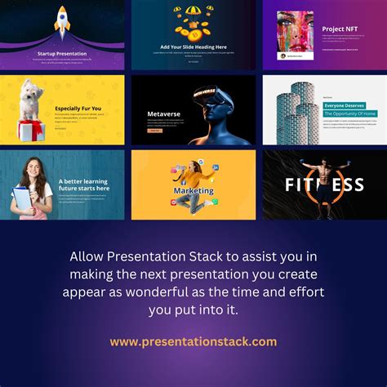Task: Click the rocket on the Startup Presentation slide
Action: [x=63, y=22]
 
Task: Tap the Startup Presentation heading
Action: [x=62, y=54]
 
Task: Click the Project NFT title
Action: [x=339, y=28]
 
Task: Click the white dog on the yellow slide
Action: [x=31, y=100]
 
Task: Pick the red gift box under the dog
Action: [x=32, y=129]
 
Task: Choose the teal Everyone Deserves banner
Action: [x=349, y=105]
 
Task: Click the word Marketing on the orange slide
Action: [x=193, y=191]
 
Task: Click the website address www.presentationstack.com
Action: [x=193, y=341]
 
